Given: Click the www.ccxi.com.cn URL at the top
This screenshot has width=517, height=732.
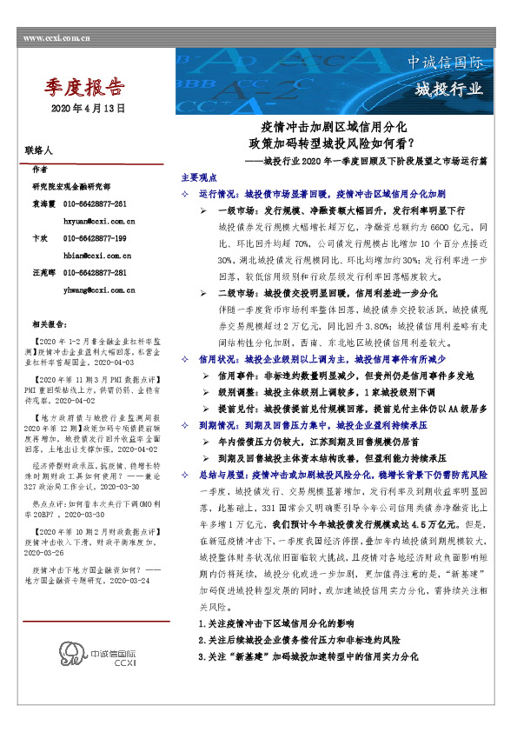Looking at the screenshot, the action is pos(57,39).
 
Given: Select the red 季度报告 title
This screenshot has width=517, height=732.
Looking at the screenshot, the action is pos(83,89).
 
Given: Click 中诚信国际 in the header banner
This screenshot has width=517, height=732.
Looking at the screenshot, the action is pos(445,64).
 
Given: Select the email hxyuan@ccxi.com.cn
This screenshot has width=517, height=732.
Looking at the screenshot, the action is pos(96,221).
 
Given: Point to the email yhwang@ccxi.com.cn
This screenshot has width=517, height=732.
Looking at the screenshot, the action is pos(96,289).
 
